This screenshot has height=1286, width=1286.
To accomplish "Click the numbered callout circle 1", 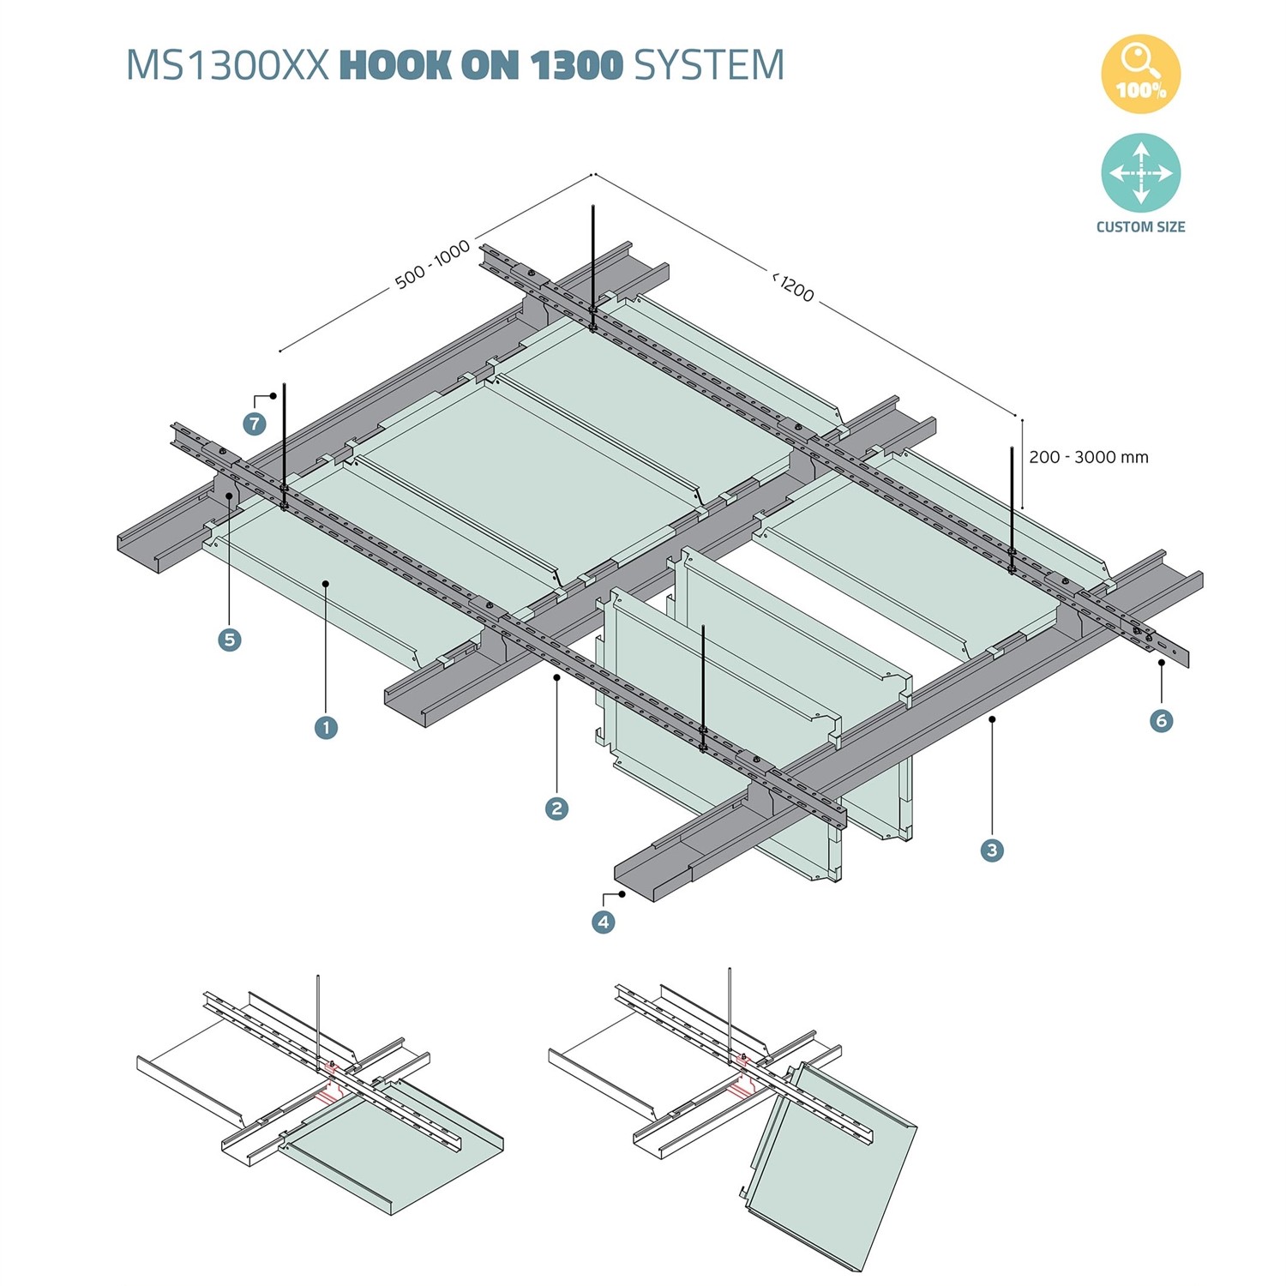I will (326, 728).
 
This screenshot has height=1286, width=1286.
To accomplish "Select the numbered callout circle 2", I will (556, 808).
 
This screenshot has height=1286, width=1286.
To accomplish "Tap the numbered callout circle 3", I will (992, 850).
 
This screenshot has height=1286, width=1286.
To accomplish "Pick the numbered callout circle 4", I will (604, 922).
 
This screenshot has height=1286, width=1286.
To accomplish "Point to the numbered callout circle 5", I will (229, 640).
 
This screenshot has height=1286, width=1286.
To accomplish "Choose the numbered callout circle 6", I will (1161, 720).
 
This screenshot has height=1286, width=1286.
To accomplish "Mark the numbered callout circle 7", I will (255, 424).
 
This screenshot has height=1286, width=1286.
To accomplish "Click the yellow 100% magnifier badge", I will (1140, 75).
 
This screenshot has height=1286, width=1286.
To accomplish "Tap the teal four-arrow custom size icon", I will (1140, 172).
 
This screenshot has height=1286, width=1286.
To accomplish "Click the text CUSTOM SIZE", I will (1140, 227).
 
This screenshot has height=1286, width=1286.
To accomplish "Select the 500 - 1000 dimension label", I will (433, 264).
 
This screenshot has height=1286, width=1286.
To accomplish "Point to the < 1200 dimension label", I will (793, 286).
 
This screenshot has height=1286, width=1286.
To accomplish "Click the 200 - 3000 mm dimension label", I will (1088, 457).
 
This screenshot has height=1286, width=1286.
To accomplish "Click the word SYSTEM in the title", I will (709, 65).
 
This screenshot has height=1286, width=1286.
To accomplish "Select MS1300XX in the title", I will (227, 65).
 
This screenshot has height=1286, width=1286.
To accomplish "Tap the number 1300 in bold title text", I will (577, 65).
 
